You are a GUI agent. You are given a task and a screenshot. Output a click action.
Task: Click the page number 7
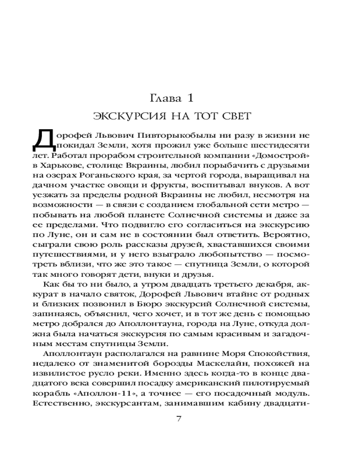(179, 419)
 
